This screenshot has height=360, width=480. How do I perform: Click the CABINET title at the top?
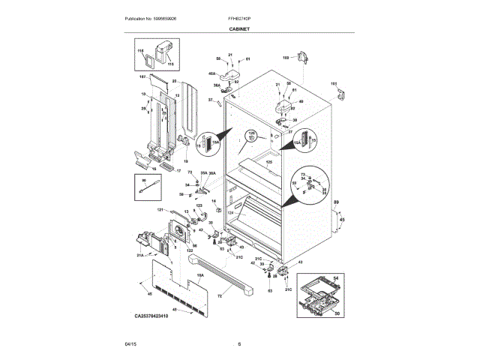(x=240, y=28)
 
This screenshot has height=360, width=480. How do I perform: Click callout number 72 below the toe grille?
(x=220, y=297)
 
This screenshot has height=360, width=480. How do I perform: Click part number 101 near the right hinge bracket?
(x=334, y=84)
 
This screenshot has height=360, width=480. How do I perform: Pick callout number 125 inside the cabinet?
(x=268, y=162)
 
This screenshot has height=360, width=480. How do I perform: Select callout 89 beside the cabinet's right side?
(x=336, y=203)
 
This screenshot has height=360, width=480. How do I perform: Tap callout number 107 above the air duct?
(x=142, y=76)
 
